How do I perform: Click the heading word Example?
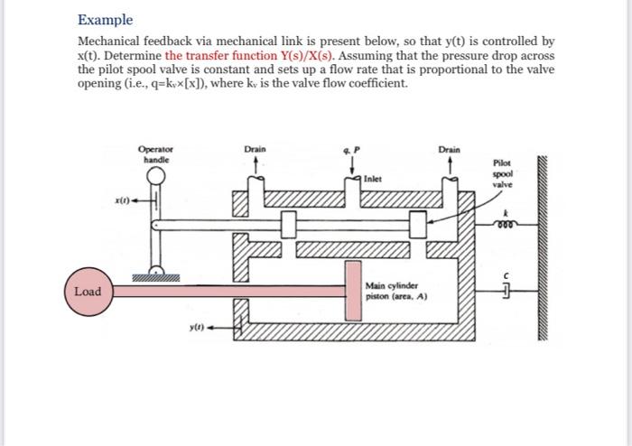point(105,19)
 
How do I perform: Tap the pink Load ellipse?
point(88,292)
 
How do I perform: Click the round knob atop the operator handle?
point(156,174)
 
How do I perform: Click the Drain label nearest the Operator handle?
point(255,148)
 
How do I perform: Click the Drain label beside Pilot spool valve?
point(449,148)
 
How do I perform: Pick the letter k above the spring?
point(508,211)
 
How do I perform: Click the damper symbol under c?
point(507,291)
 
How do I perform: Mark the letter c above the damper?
point(508,274)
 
